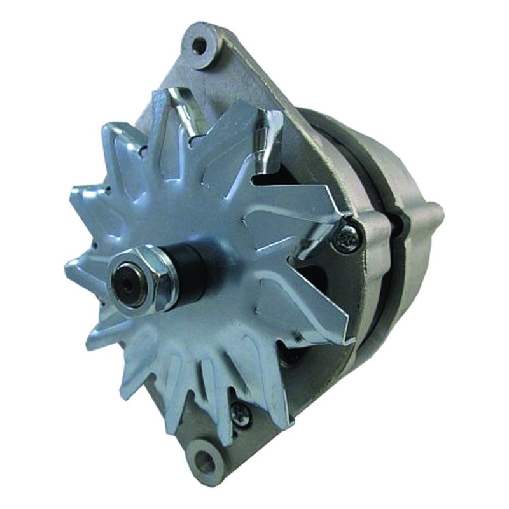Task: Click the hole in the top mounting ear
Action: pyautogui.click(x=200, y=45)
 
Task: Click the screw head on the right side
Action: pyautogui.click(x=349, y=238)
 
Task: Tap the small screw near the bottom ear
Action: pyautogui.click(x=241, y=413)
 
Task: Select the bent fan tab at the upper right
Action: pyautogui.click(x=267, y=134)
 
